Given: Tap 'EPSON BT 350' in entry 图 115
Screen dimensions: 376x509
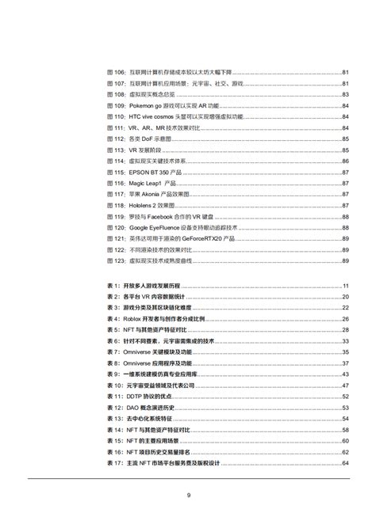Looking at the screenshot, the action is click(x=147, y=172).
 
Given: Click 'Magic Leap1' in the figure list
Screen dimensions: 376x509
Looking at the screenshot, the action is click(x=144, y=183).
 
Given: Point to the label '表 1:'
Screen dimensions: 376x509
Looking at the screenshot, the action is click(x=113, y=286).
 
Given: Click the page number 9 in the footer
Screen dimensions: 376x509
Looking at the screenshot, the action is click(x=189, y=496).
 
